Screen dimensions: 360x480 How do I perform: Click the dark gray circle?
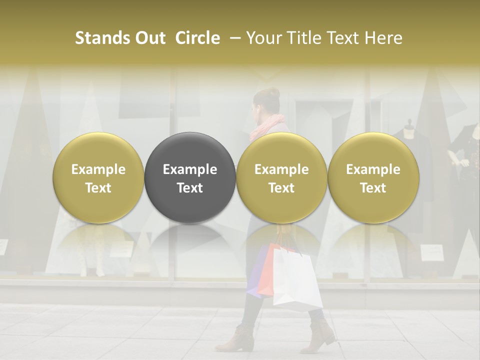[x=190, y=178]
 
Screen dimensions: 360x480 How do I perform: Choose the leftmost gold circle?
[x=98, y=178]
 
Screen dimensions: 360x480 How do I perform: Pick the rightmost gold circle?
[x=373, y=178]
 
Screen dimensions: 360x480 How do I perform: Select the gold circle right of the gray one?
[x=281, y=178]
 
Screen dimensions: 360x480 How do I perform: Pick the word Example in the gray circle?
[x=190, y=169]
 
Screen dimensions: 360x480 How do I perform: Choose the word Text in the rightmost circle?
[x=373, y=187]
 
